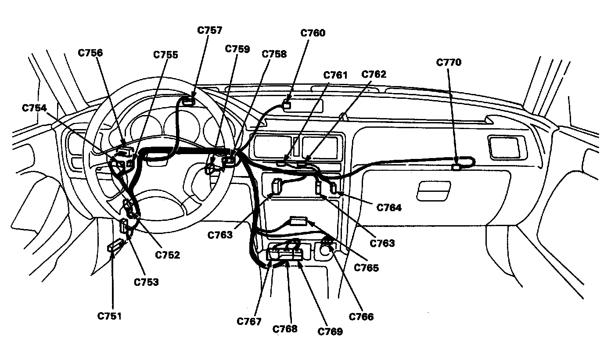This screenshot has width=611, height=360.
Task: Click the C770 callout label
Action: coord(449,62)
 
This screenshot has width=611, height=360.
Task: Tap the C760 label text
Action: coord(313,33)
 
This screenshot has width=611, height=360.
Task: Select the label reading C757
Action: coord(209,30)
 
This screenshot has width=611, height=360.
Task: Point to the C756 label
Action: coord(90,53)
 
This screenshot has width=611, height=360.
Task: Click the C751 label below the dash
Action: coord(110,316)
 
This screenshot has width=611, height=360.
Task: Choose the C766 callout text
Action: coord(361,316)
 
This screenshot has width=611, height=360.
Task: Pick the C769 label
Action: coord(330,331)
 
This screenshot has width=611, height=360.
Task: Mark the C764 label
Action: coord(389,207)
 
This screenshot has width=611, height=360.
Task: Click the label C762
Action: coord(374,74)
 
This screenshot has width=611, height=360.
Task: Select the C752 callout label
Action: coord(167,255)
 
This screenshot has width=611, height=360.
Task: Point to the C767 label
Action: coord(249,321)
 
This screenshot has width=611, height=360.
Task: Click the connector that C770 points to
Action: coord(456,166)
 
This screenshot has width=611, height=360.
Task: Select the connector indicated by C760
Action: coord(287,104)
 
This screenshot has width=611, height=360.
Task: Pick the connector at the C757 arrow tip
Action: coord(189,101)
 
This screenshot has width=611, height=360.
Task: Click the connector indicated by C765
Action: coord(298,221)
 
